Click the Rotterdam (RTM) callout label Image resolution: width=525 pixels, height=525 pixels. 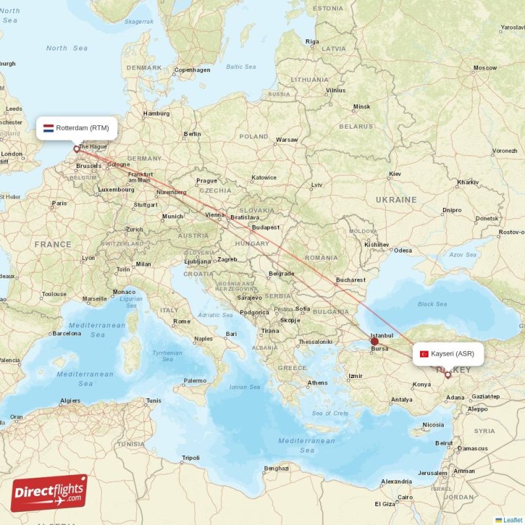pyautogui.click(x=77, y=128)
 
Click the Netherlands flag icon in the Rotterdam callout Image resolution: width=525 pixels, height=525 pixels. pyautogui.click(x=49, y=128)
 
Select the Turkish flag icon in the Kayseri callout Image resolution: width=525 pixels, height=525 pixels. pyautogui.click(x=424, y=354)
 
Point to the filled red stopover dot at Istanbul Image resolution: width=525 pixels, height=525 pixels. pyautogui.click(x=375, y=341)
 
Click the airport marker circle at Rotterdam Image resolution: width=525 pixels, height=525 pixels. pyautogui.click(x=76, y=149)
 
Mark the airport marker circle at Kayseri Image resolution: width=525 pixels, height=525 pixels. pyautogui.click(x=448, y=375)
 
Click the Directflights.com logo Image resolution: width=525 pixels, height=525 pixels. pyautogui.click(x=49, y=493)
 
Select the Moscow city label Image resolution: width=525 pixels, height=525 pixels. pyautogui.click(x=486, y=68)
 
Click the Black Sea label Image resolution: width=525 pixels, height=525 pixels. pyautogui.click(x=432, y=304)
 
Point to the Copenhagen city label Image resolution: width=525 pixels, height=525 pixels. pyautogui.click(x=192, y=70)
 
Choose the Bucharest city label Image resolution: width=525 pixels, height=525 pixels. pyautogui.click(x=350, y=280)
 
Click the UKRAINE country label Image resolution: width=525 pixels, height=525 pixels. pyautogui.click(x=396, y=199)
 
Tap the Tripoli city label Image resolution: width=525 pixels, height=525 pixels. pyautogui.click(x=190, y=457)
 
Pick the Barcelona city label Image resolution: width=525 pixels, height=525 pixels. pyautogui.click(x=67, y=333)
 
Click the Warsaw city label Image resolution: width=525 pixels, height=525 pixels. pyautogui.click(x=287, y=140)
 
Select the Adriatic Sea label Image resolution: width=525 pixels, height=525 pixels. pyautogui.click(x=215, y=315)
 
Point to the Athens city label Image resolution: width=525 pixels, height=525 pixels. pyautogui.click(x=318, y=383)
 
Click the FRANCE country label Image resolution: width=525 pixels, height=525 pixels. pyautogui.click(x=53, y=244)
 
